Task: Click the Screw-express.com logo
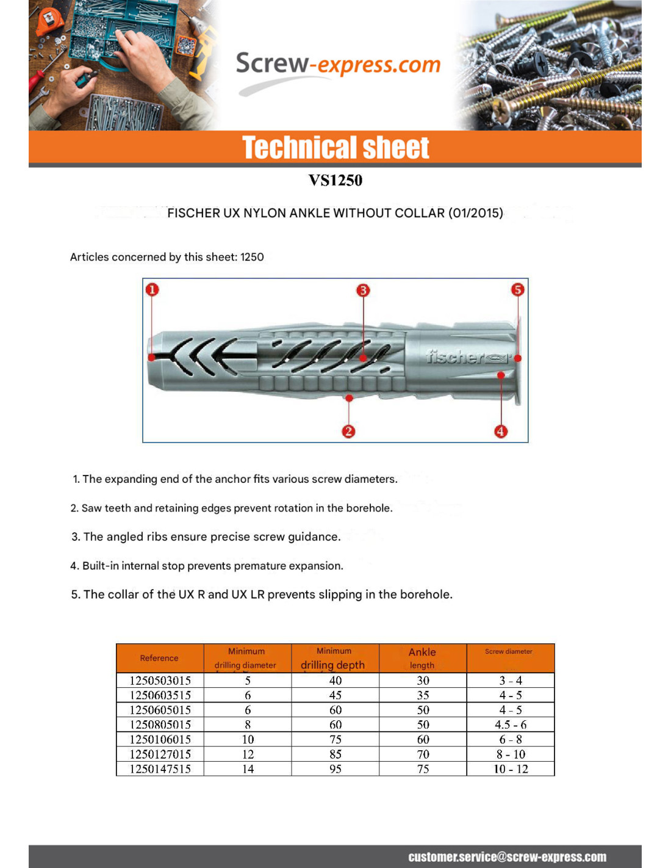coord(337,66)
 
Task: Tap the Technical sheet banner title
coord(335,148)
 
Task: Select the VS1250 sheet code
coord(335,180)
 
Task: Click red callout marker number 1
coord(152,289)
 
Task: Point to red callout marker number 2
coord(348,432)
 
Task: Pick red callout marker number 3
coord(363,290)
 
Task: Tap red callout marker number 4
coord(501,432)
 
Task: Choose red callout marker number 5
coord(517,289)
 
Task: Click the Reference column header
coord(159,658)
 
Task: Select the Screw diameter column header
coord(509,652)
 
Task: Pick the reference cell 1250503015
coord(160,681)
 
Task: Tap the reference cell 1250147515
coord(160,769)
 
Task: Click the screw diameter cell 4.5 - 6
coord(511,725)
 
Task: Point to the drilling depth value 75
coord(335,739)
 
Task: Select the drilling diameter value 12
coord(248,754)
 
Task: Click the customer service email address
coord(507,857)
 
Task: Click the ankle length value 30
coord(423,681)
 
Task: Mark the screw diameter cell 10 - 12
coord(511,769)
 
